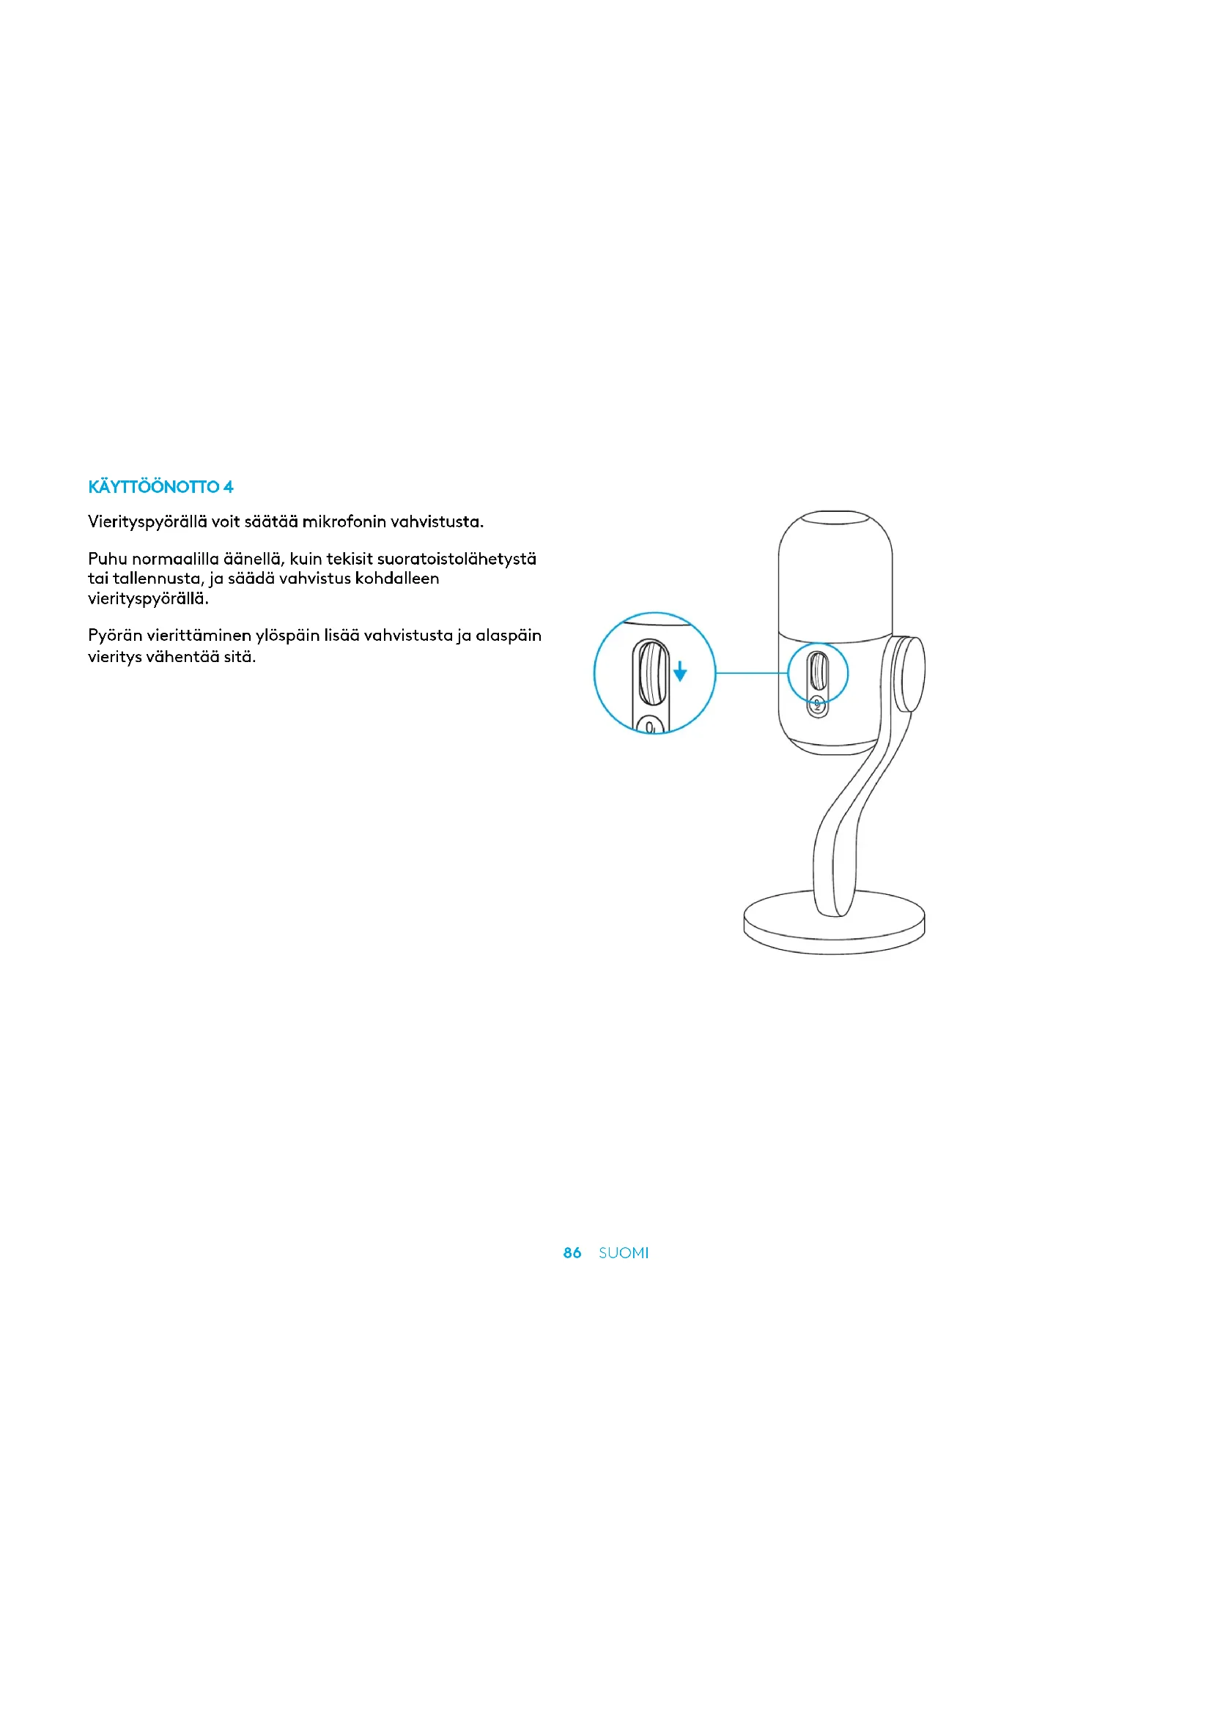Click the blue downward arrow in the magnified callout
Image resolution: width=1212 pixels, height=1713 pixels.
click(680, 672)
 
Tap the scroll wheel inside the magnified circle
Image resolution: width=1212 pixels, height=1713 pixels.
click(652, 673)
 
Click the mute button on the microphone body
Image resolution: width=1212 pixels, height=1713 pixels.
click(818, 705)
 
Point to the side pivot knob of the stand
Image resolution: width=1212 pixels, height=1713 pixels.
click(912, 674)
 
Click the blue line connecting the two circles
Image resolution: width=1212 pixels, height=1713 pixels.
click(752, 673)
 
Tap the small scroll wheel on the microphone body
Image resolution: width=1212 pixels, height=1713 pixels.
click(819, 671)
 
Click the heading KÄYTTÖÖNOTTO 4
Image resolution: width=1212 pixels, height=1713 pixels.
click(160, 487)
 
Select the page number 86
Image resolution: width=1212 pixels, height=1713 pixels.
click(572, 1252)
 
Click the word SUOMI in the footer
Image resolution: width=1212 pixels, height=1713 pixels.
click(623, 1252)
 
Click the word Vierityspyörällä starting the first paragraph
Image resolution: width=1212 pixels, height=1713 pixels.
click(147, 522)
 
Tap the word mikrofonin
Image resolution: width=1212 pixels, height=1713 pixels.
click(344, 521)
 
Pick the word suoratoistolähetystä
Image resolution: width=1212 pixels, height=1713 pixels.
click(457, 559)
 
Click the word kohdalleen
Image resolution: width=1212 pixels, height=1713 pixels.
click(397, 579)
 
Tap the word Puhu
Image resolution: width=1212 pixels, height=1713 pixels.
click(108, 559)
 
